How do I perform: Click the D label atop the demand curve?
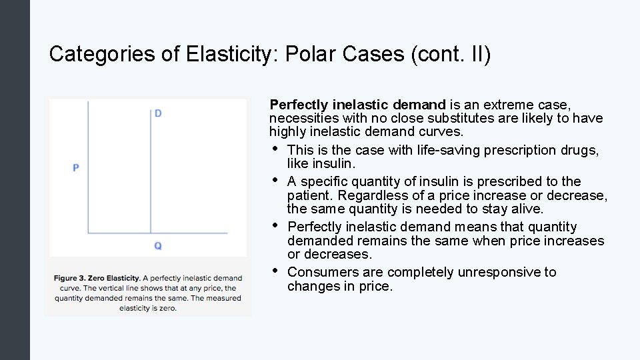[158, 113]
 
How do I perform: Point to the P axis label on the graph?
[76, 167]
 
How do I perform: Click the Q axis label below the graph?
[158, 246]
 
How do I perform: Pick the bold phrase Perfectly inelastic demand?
[357, 105]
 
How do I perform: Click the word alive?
[528, 209]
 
